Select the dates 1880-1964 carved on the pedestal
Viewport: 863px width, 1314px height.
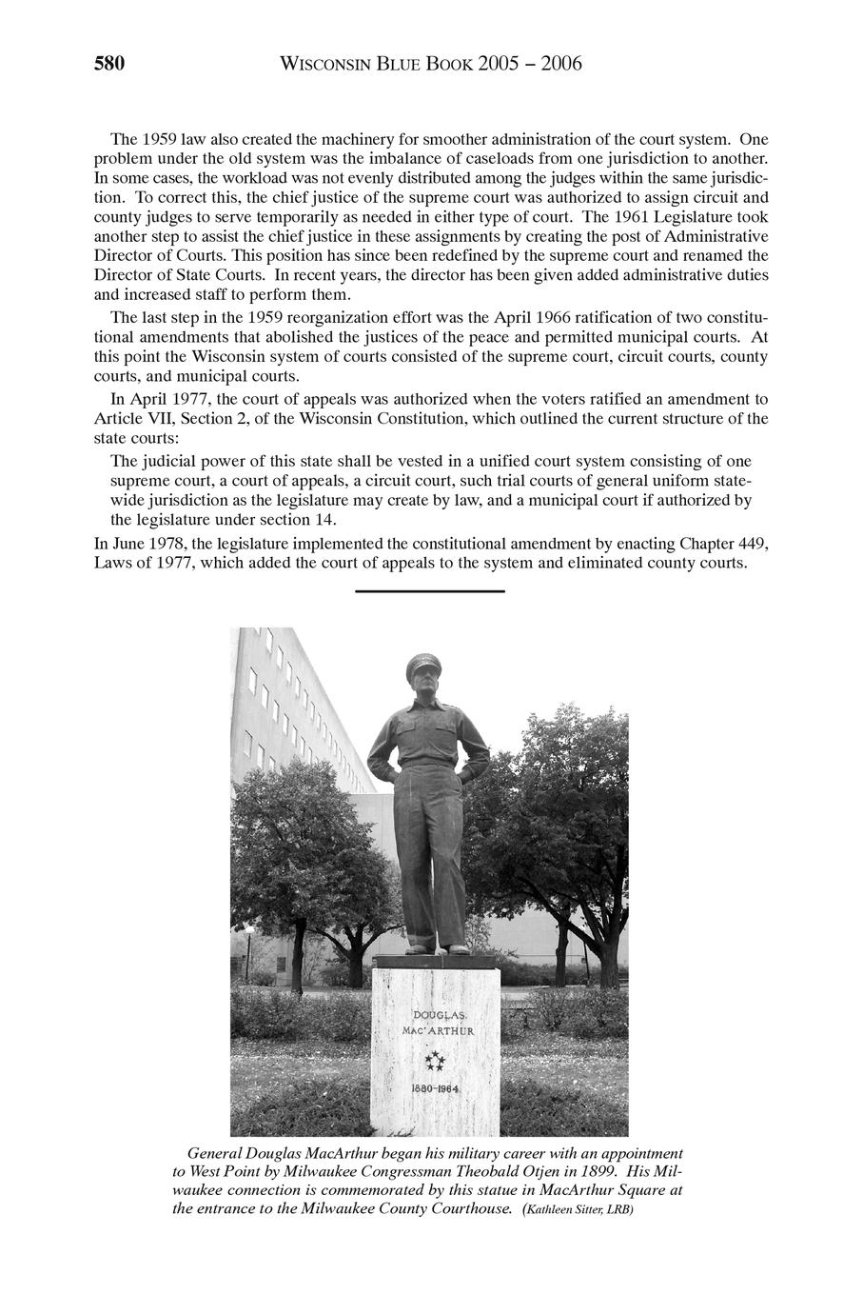(436, 1088)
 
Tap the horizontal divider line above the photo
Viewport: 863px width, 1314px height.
(429, 592)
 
